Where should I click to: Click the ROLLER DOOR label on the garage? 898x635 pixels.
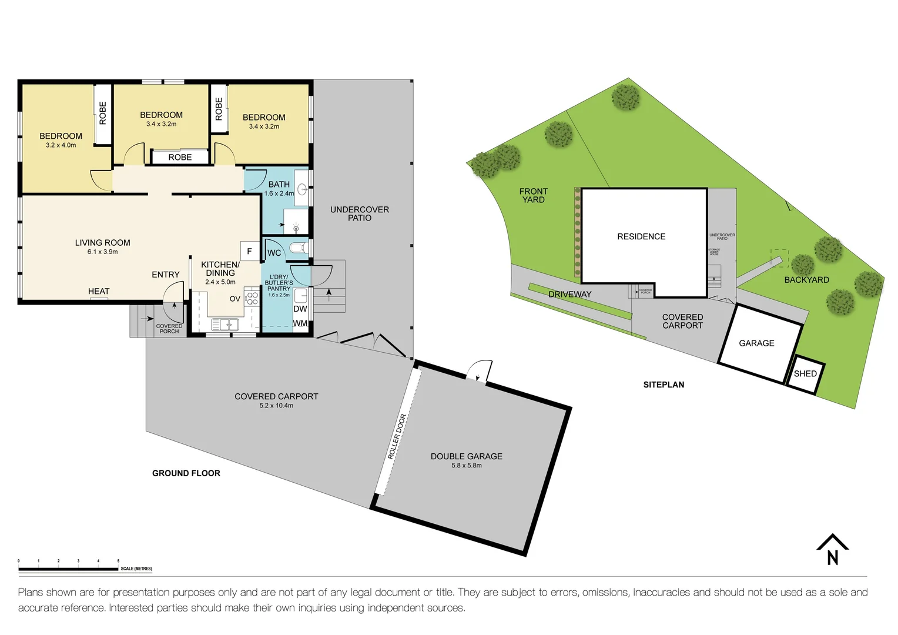[397, 436]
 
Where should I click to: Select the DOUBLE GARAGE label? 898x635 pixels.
[466, 456]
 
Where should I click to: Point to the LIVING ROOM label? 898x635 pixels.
[102, 242]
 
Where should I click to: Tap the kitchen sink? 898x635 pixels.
[224, 324]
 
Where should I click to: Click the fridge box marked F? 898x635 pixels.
[249, 251]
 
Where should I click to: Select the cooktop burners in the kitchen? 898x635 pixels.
[252, 298]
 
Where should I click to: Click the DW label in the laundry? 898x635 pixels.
[300, 309]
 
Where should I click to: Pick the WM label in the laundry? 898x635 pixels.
[300, 323]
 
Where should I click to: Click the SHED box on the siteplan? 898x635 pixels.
[805, 374]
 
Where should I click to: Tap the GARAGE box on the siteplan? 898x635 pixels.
[756, 343]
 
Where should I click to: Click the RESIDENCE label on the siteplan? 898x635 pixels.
[641, 236]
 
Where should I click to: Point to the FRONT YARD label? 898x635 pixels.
[533, 195]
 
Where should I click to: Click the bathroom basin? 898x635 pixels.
[302, 189]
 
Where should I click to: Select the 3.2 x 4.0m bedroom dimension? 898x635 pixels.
[61, 145]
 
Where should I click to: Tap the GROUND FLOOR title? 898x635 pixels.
[186, 473]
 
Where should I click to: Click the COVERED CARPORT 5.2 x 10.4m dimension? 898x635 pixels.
[276, 406]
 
